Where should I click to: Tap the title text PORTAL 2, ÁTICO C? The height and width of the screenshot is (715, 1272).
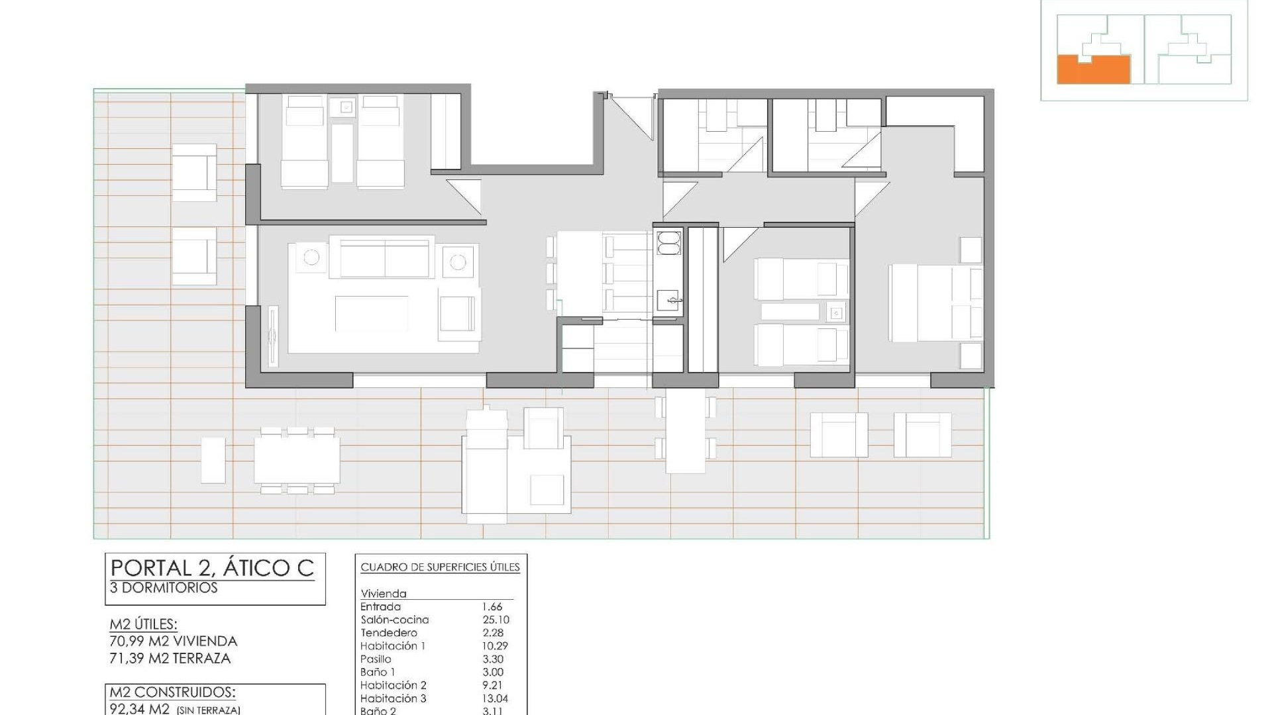pos(212,568)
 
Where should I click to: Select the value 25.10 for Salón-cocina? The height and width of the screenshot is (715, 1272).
pos(496,620)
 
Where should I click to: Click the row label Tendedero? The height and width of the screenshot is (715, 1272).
pos(389,633)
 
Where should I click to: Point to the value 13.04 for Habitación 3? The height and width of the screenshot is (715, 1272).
pos(496,698)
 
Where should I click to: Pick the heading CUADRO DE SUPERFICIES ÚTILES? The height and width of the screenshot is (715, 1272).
pos(440,567)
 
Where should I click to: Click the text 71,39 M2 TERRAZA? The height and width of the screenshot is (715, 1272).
pos(170,658)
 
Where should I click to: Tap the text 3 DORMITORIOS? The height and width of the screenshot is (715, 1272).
pos(164,588)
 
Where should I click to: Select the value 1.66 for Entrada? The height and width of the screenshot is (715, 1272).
pos(492,606)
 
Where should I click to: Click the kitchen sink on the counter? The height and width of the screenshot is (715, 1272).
pos(668,301)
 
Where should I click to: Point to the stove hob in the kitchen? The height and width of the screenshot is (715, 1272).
pos(668,242)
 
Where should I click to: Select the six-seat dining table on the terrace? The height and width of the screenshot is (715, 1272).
pos(297,460)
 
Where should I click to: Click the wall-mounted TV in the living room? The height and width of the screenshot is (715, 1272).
pos(272,337)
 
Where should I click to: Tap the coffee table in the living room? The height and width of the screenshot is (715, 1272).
pos(371,313)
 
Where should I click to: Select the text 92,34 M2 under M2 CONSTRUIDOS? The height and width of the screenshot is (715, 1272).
pos(140,709)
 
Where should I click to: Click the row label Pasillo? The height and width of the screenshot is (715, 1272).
pos(376,659)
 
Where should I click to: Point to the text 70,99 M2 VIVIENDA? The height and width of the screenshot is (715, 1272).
pos(174,641)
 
